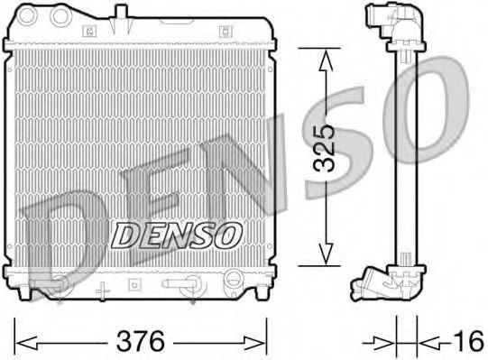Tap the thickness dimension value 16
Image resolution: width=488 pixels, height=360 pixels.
click(x=467, y=341)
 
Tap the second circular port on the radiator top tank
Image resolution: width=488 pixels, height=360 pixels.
click(x=61, y=15)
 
